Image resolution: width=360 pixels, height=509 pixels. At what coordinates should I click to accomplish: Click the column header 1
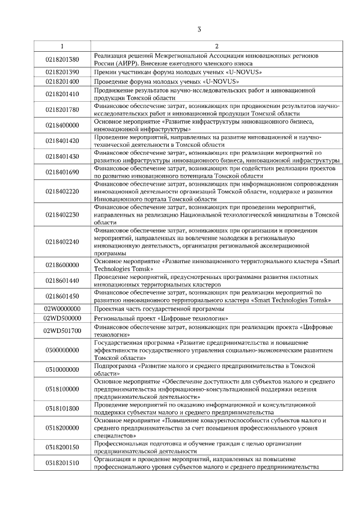62,46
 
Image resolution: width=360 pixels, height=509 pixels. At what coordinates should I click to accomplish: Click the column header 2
216,46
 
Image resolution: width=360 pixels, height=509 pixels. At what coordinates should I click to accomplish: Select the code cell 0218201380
62,59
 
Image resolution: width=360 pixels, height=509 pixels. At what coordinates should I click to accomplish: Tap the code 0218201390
62,72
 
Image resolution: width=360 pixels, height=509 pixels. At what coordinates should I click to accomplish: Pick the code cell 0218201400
62,81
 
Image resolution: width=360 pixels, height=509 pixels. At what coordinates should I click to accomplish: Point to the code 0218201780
62,109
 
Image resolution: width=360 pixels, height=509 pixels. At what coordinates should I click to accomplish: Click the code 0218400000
62,125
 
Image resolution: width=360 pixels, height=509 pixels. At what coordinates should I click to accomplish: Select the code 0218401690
62,172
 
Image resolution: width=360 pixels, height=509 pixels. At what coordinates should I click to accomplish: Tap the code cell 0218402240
62,242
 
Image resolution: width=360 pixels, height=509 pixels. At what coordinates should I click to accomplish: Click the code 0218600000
62,265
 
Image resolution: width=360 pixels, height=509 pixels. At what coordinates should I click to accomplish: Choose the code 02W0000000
62,309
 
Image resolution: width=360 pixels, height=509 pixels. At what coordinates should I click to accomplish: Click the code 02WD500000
62,318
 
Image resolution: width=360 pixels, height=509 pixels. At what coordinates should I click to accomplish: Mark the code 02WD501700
62,330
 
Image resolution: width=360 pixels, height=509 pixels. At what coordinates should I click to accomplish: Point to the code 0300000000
62,349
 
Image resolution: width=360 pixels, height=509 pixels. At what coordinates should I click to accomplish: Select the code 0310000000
62,369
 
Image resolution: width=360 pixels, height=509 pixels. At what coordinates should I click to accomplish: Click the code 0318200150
62,447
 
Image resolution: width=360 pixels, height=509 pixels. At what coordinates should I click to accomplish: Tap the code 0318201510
62,463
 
